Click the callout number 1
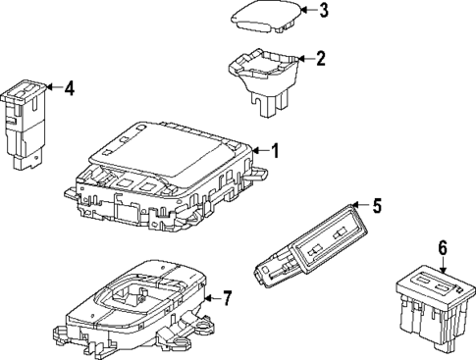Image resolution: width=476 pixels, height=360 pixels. pos(276,151)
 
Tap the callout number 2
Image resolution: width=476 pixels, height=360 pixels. pos(320,59)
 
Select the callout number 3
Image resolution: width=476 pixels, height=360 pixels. pos(325,11)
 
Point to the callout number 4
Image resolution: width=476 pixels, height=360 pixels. pos(69,88)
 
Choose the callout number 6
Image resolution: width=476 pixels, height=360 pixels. pos(443,249)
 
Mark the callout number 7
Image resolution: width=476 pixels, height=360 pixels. pos(254,297)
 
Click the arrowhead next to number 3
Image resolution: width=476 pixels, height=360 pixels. pos(305,11)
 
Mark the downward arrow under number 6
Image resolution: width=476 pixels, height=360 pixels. pos(443,267)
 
